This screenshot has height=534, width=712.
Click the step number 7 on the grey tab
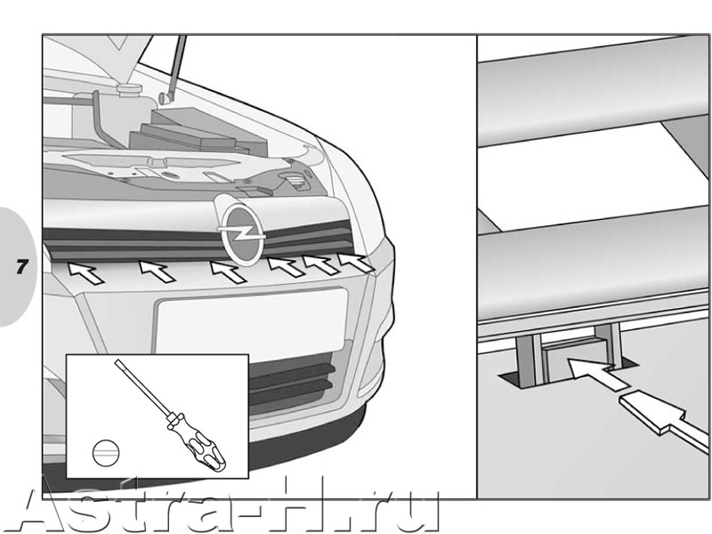[21, 267]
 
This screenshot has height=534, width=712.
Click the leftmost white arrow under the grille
[85, 273]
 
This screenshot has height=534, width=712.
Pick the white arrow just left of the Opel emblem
[228, 271]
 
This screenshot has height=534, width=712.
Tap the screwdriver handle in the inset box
[197, 441]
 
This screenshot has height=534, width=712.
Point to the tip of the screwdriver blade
[117, 361]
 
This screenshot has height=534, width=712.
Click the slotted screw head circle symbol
[106, 453]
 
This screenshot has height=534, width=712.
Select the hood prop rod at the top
[175, 69]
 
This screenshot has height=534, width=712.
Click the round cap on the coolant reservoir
[128, 89]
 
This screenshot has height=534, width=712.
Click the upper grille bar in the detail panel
[594, 90]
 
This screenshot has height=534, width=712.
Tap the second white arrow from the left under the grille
[157, 271]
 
